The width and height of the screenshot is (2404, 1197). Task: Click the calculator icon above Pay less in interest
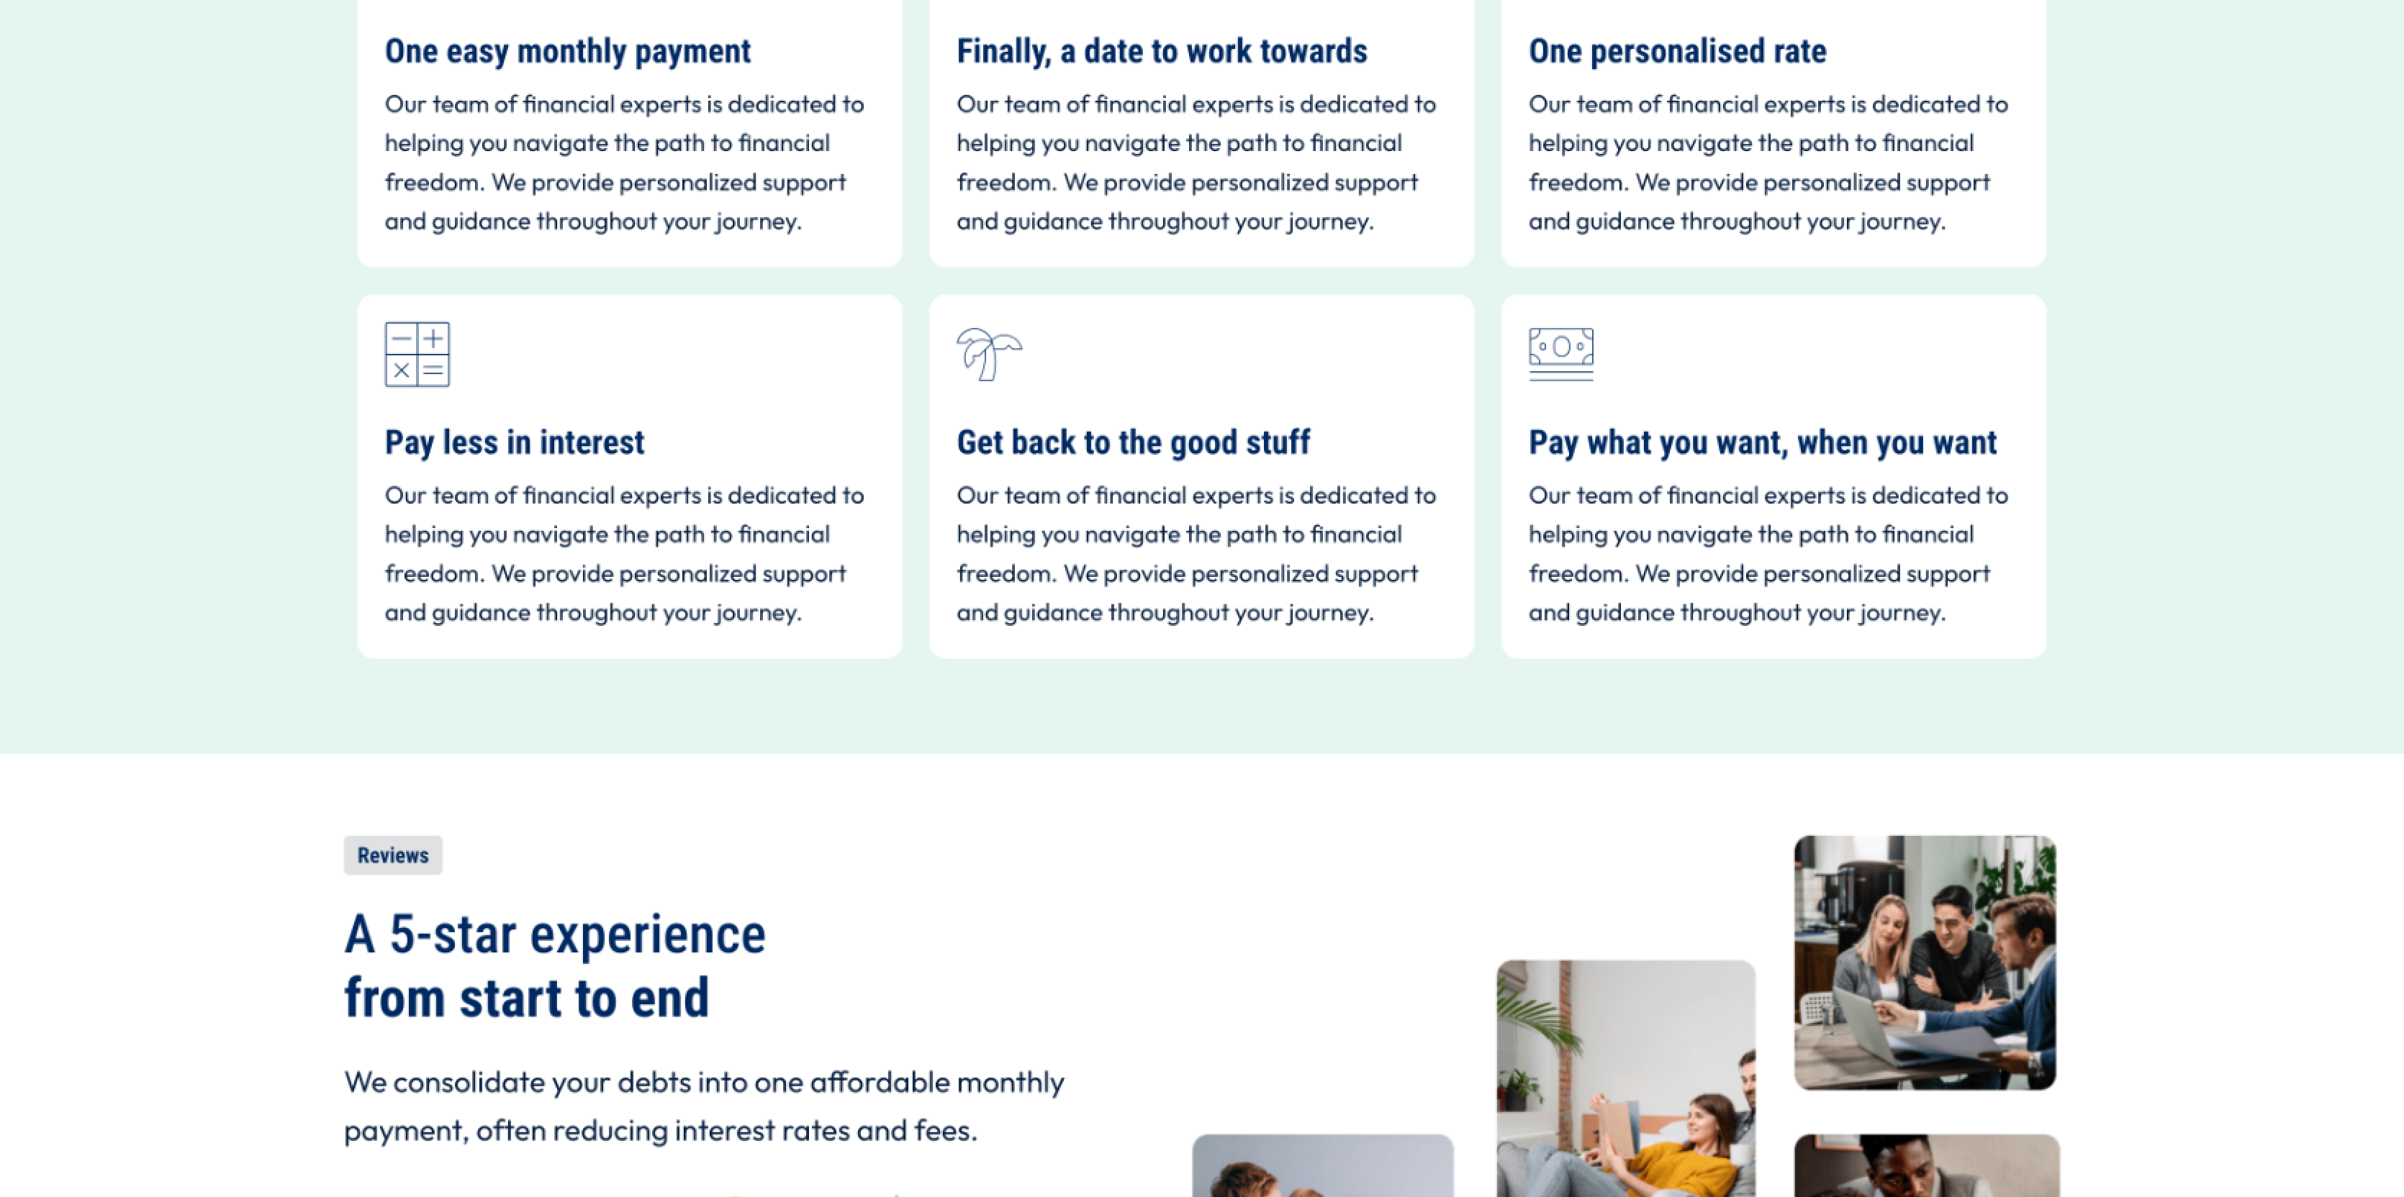[417, 355]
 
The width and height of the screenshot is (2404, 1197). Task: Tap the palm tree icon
[989, 354]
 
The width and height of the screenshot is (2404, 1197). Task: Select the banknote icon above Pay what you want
[1561, 354]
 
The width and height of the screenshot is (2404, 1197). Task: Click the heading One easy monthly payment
[567, 51]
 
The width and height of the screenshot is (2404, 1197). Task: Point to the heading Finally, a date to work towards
[1162, 51]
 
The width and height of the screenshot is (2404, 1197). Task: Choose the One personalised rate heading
[1677, 51]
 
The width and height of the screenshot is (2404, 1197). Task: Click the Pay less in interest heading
[514, 442]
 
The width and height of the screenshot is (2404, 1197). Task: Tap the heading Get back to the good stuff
[1133, 442]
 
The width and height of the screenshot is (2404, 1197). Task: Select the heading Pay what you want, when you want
[1763, 442]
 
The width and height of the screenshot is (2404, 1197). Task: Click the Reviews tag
[393, 855]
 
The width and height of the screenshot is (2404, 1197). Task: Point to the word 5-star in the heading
[453, 935]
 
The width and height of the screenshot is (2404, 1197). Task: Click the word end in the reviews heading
[670, 998]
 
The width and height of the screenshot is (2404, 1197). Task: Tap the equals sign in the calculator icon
[433, 370]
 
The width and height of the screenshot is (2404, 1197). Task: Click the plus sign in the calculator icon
[433, 337]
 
